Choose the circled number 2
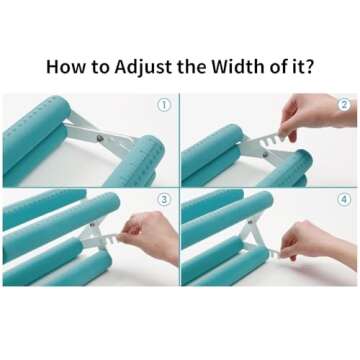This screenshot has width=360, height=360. [344, 104]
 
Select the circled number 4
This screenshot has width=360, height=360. [344, 200]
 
